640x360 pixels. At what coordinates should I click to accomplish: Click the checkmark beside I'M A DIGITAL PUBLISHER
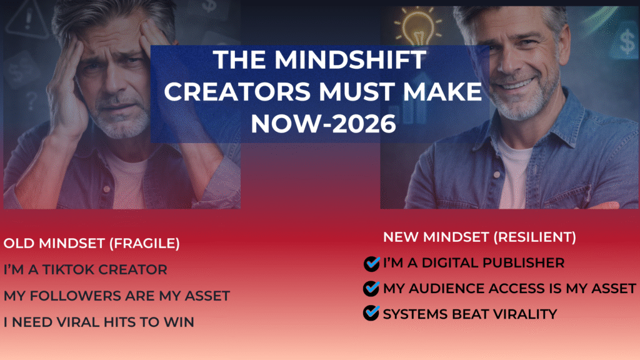coord(371,263)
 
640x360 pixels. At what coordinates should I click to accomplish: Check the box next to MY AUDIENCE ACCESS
coord(371,288)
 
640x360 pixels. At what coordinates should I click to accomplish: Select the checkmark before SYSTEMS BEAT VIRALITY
coord(371,314)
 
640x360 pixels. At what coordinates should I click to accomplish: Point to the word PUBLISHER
coord(522,263)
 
